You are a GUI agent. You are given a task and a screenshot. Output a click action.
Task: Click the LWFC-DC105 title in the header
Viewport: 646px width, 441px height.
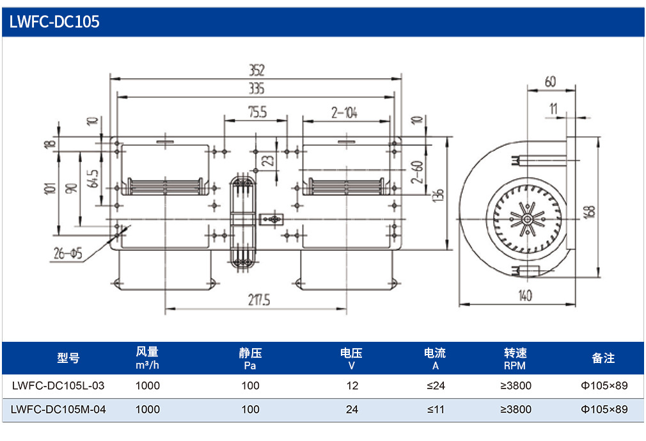point(54,21)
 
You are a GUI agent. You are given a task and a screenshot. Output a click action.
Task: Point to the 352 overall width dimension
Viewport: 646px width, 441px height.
point(256,70)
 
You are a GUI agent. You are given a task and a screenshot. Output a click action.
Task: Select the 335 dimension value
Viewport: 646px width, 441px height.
point(256,88)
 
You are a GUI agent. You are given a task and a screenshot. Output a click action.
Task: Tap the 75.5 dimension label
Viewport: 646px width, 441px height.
point(258,112)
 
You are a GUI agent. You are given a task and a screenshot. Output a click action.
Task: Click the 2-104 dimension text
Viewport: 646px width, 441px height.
point(344,113)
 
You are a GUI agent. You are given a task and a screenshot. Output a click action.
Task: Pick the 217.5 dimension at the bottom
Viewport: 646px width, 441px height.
point(259,300)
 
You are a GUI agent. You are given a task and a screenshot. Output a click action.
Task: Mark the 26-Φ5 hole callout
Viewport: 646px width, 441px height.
point(68,253)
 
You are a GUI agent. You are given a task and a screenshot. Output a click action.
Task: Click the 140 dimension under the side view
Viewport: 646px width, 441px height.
point(525,296)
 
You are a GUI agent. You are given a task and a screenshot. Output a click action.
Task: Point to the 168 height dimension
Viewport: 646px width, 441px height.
point(590,211)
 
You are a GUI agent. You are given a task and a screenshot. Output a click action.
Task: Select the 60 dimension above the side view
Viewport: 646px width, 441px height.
point(551,81)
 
